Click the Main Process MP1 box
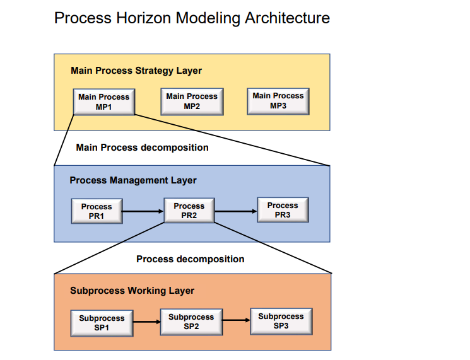[103, 102]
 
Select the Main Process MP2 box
[192, 101]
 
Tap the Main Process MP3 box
[278, 100]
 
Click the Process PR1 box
[97, 211]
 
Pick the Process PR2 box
[189, 211]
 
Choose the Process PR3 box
[283, 210]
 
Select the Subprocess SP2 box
[191, 322]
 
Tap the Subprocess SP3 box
[281, 321]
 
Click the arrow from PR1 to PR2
[143, 211]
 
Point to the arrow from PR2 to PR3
[235, 211]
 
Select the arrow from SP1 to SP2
[147, 322]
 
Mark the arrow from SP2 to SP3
[236, 321]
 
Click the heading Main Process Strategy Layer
[136, 71]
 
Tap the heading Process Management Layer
[133, 180]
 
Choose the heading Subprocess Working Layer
[132, 291]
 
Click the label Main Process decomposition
[142, 148]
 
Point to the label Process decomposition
[190, 259]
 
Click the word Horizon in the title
[145, 18]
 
